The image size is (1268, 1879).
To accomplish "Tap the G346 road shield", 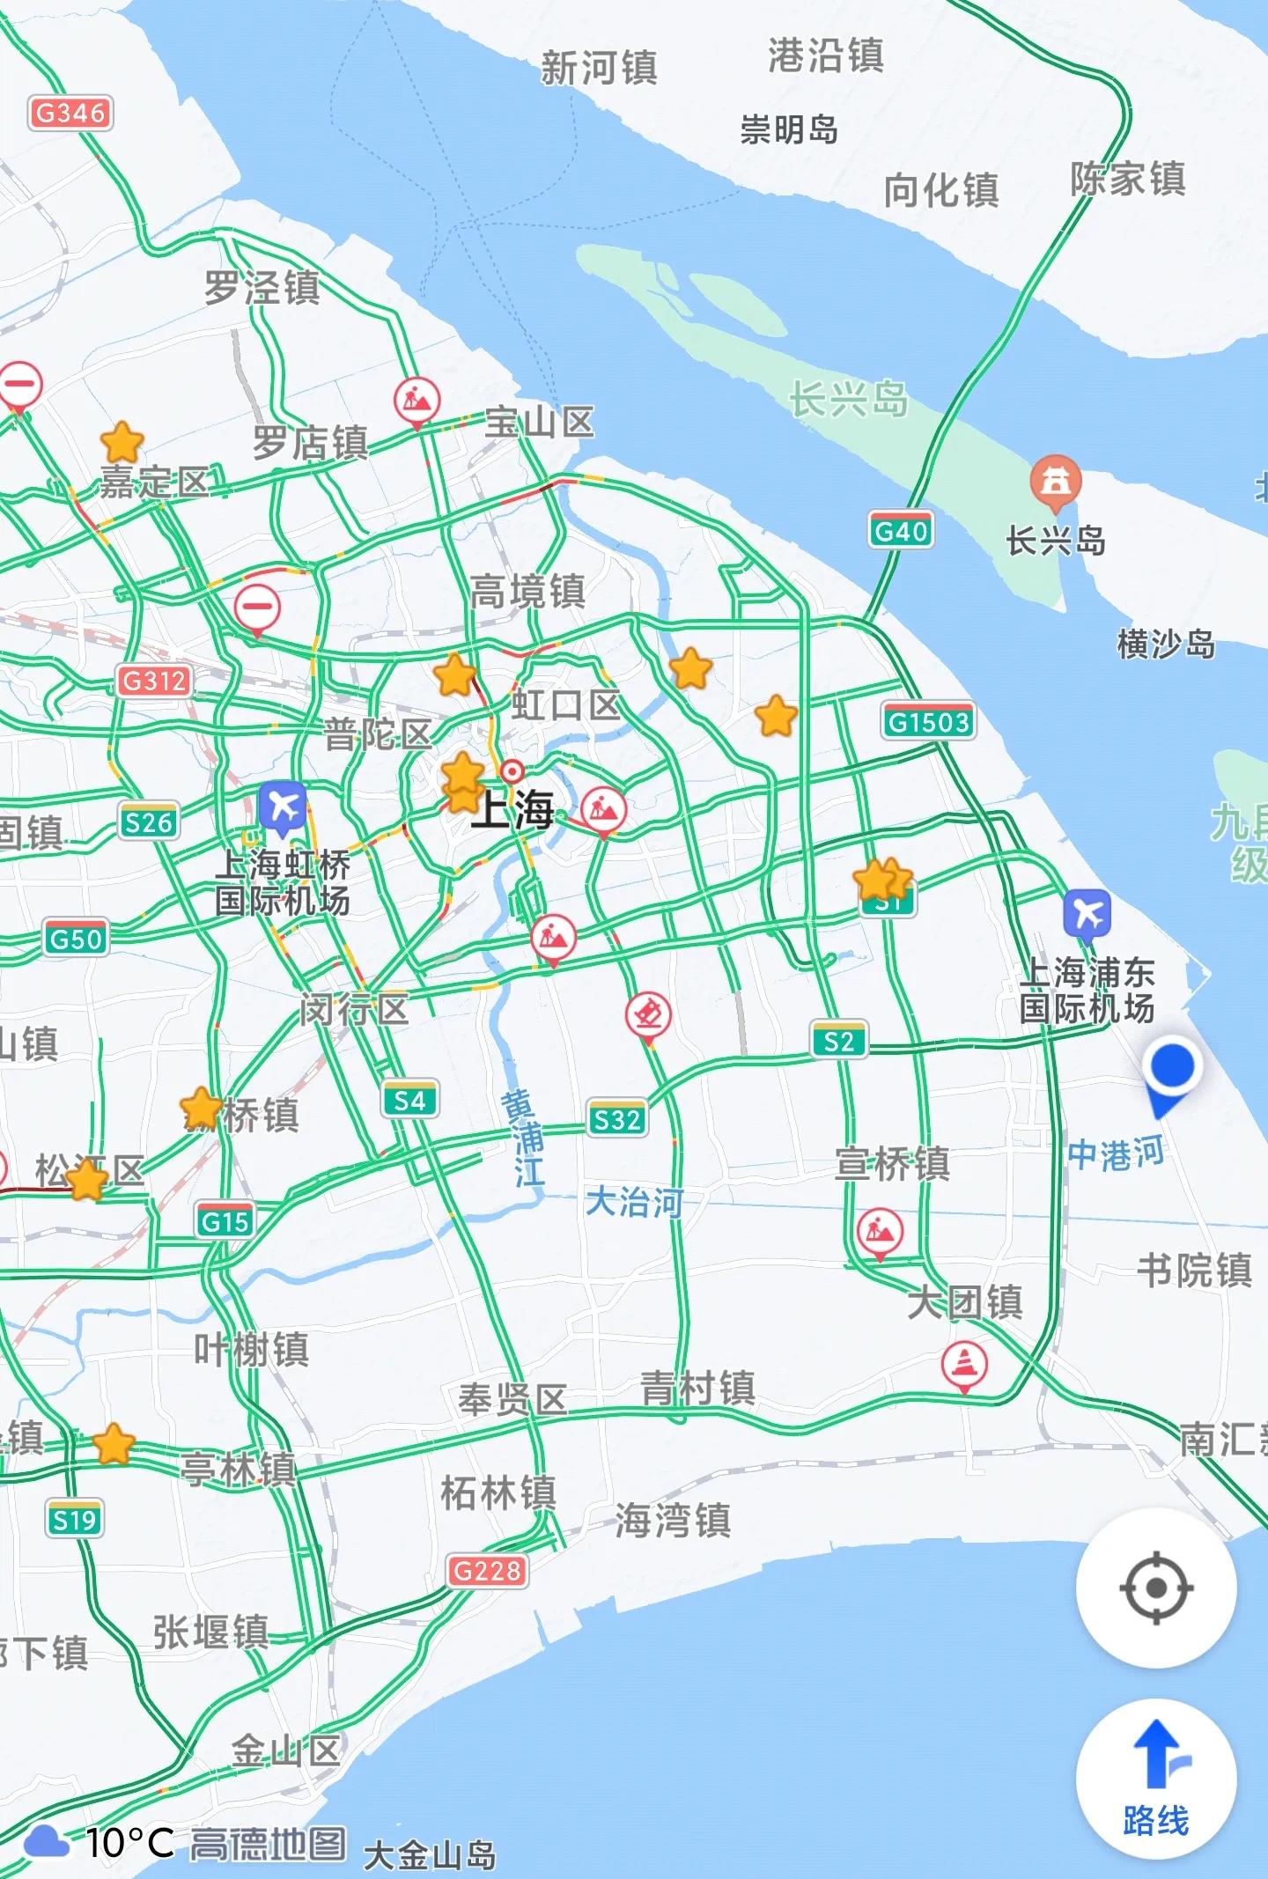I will pos(70,113).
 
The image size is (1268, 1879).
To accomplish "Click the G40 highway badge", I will pos(901,531).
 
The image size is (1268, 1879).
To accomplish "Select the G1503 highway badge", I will pos(928,722).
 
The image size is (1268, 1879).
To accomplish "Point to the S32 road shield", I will pos(617,1119).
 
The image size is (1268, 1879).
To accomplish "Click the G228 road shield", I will pos(488,1570).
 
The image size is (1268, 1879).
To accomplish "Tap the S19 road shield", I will pos(75,1520).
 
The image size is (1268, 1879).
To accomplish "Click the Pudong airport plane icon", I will pos(1087,915).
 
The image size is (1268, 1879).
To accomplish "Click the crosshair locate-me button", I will pos(1155,1588).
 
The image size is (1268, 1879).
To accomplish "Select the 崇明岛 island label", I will pos(789,129).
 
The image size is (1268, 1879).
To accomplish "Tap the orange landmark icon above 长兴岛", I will pos(1056,481).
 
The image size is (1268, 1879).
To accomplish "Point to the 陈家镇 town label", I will pos(1128,180).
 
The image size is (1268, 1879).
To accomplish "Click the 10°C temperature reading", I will pos(129,1842).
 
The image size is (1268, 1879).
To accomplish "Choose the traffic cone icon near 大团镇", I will pos(964,1364).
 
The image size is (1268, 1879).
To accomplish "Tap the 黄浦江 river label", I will pos(525,1138).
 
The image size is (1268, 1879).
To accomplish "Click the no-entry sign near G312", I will pos(257,607).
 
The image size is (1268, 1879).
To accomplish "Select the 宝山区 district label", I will pos(540,423).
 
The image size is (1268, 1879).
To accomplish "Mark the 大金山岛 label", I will pos(430,1855).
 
